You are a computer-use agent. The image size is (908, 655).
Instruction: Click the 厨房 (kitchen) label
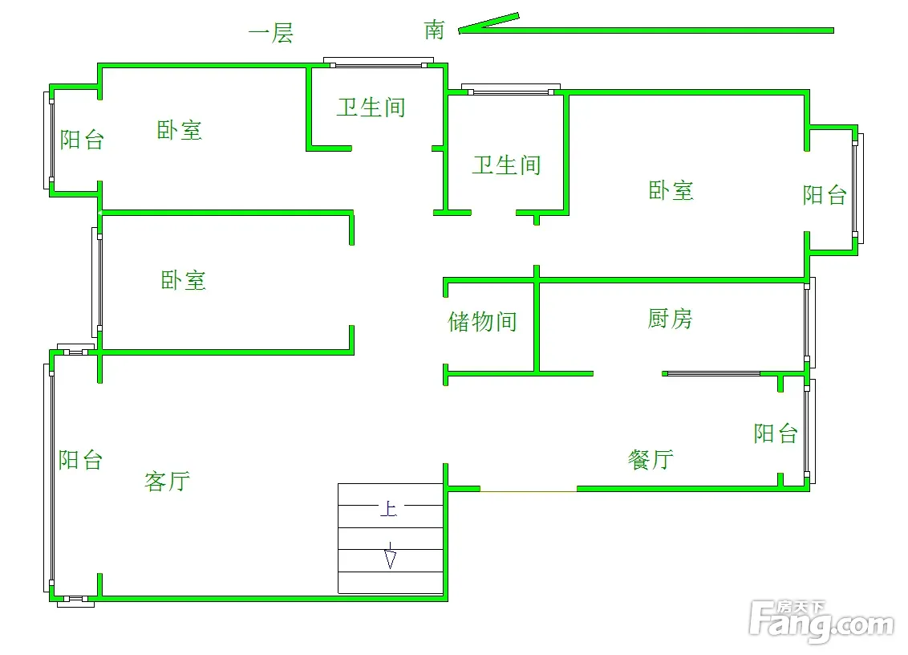click(670, 319)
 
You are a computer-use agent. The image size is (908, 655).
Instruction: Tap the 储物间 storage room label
click(482, 322)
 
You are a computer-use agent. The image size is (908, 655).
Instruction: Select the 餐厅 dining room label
click(651, 460)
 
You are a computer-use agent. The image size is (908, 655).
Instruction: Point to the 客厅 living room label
click(167, 481)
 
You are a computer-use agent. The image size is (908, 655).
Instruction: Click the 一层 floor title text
click(271, 34)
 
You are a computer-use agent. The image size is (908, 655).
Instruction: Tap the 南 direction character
click(435, 31)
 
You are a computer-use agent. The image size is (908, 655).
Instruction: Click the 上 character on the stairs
click(388, 509)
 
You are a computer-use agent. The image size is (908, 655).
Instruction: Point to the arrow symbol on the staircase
click(390, 556)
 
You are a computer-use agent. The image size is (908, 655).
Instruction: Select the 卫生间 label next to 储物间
click(506, 165)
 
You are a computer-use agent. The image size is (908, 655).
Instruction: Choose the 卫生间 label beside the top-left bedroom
click(371, 108)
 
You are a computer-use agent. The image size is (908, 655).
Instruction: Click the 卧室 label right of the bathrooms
click(671, 191)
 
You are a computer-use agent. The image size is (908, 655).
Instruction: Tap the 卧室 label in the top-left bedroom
click(179, 130)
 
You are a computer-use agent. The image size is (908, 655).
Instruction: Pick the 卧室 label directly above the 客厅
click(184, 280)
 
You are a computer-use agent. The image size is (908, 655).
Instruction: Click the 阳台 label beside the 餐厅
click(776, 433)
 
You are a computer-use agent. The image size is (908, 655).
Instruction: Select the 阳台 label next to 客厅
click(81, 460)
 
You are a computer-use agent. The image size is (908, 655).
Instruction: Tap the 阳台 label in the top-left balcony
click(83, 140)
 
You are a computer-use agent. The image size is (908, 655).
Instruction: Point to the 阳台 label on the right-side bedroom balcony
click(825, 194)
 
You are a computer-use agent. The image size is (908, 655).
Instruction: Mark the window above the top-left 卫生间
click(379, 62)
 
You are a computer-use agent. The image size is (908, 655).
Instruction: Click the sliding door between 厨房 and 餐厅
click(712, 373)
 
